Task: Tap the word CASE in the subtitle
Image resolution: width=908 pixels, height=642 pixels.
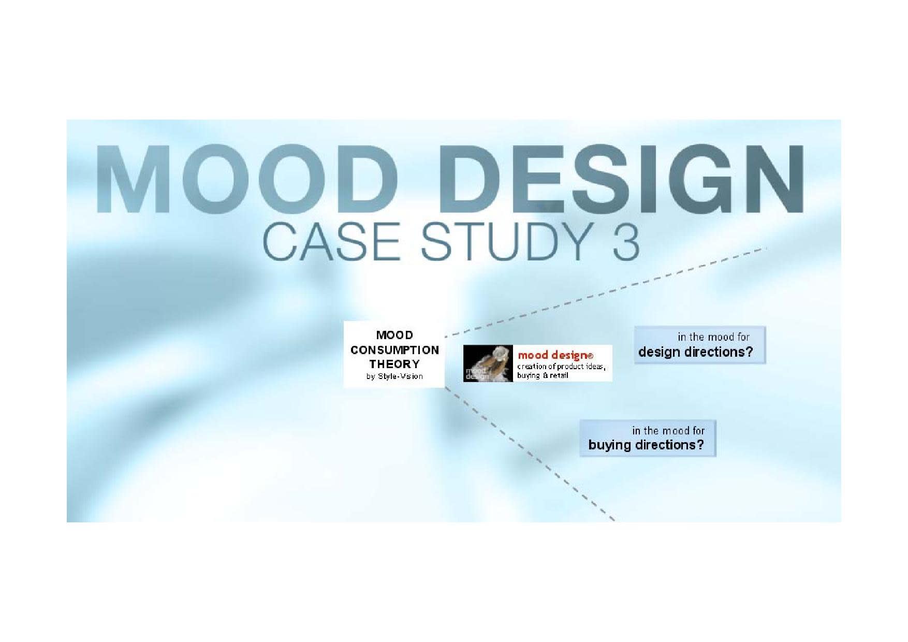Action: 332,242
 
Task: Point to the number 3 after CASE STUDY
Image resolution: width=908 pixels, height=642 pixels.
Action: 626,242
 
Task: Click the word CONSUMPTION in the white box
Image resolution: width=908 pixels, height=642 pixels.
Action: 394,350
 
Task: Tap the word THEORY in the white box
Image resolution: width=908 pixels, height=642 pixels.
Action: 394,364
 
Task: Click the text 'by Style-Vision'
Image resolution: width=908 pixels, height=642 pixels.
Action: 394,376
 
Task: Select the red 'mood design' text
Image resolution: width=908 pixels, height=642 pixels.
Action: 552,355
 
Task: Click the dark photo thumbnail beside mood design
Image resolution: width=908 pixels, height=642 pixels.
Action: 488,363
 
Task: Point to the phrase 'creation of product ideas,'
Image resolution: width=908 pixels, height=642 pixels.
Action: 561,367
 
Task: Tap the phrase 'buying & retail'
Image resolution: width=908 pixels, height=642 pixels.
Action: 542,375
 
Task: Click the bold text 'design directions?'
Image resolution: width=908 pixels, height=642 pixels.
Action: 695,352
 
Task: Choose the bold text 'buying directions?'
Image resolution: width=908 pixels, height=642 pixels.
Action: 646,445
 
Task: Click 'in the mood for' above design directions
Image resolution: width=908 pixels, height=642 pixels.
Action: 713,337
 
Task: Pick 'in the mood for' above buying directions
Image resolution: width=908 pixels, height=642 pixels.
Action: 668,431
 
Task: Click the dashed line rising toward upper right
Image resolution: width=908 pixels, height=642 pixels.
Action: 611,290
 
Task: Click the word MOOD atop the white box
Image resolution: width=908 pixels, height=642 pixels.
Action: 394,335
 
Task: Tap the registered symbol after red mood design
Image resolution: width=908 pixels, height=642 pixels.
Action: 590,356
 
